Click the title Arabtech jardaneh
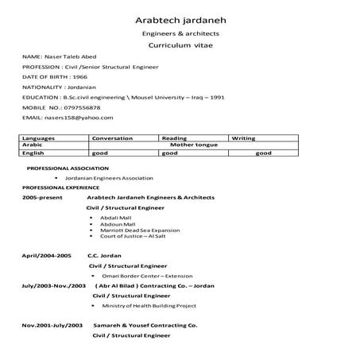point(180,19)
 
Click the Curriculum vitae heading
point(180,46)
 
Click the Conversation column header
point(112,138)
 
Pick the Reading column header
point(174,138)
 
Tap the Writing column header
point(242,138)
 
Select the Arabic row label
point(32,145)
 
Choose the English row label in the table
point(33,153)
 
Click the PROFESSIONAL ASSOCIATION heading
point(62,169)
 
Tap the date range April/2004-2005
point(47,256)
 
